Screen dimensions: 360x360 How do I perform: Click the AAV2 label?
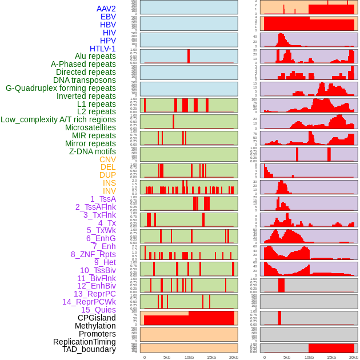pyautogui.click(x=106, y=9)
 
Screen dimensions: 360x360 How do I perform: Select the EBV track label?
pyautogui.click(x=108, y=17)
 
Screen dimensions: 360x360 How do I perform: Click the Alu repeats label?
pyautogui.click(x=95, y=56)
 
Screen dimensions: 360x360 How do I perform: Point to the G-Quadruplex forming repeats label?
pyautogui.click(x=61, y=88)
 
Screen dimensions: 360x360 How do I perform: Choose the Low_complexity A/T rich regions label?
pyautogui.click(x=58, y=119)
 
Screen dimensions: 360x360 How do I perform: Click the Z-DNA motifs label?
pyautogui.click(x=92, y=151)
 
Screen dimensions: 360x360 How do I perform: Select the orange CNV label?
pyautogui.click(x=107, y=159)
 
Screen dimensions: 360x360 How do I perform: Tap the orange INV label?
pyautogui.click(x=109, y=191)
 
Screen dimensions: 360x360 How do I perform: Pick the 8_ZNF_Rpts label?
pyautogui.click(x=93, y=254)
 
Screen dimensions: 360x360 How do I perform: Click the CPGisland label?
pyautogui.click(x=97, y=318)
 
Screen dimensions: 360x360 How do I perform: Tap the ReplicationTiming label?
pyautogui.click(x=84, y=342)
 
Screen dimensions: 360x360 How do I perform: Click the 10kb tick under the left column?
pyautogui.click(x=189, y=357)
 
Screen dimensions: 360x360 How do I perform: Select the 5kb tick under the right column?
pyautogui.click(x=286, y=357)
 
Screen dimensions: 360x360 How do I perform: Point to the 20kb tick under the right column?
pyautogui.click(x=354, y=357)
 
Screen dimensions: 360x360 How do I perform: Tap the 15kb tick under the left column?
pyautogui.click(x=211, y=357)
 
